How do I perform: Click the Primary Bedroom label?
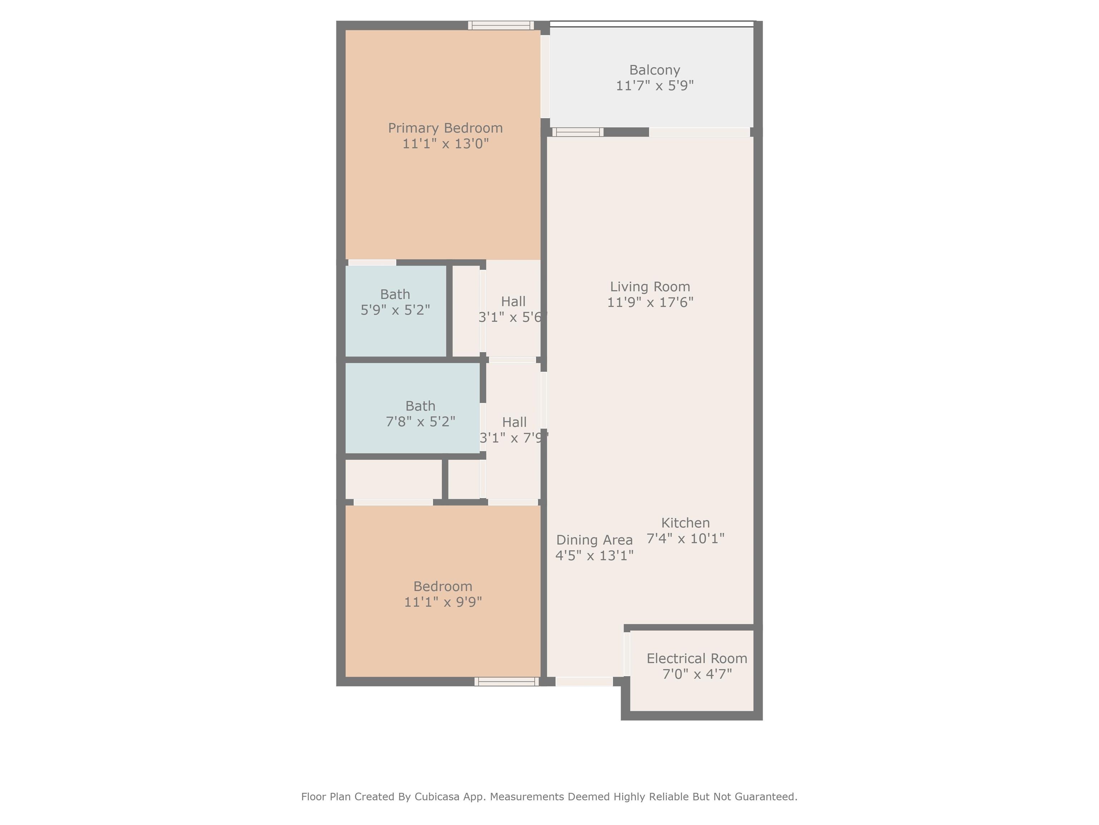tap(445, 128)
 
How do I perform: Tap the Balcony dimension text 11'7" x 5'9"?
tap(654, 86)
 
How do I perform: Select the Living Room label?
tap(650, 287)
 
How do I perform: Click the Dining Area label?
tap(594, 540)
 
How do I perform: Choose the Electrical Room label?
tap(697, 658)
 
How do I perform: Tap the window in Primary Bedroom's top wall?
tap(501, 25)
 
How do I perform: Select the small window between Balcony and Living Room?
tap(578, 132)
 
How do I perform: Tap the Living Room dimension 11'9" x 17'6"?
tap(650, 302)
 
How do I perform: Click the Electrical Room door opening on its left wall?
tap(627, 654)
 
